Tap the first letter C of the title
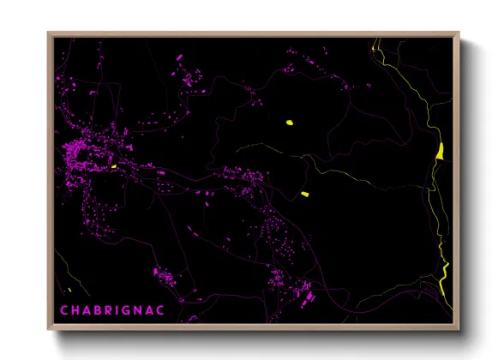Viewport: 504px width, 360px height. pos(64,308)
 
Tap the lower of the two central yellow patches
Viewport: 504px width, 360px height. pos(304,195)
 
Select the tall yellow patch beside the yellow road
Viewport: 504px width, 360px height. pos(439,152)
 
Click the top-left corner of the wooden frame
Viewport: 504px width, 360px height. pos(48,33)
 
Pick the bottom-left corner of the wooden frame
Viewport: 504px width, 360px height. pos(48,330)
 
